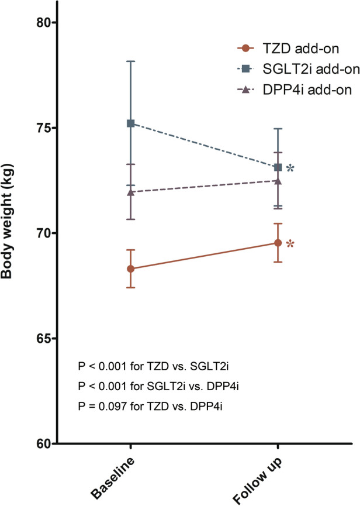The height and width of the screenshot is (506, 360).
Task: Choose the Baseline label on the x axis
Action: pos(114,476)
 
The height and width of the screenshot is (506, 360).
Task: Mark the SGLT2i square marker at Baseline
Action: pos(131,123)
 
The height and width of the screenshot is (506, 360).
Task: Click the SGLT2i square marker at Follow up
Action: pos(278,167)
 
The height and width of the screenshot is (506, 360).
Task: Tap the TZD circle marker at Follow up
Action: pos(278,243)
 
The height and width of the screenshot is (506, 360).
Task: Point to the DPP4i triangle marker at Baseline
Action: pos(131,191)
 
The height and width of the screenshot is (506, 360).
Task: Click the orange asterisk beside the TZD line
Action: pos(290,245)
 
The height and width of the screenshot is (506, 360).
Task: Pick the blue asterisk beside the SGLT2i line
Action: pos(290,169)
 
